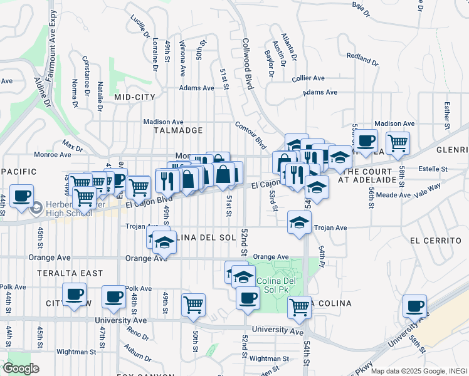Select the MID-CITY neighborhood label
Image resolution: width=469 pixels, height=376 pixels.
(134, 97)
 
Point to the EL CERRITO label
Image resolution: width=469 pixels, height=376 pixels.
(436, 241)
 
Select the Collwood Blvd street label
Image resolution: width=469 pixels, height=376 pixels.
(248, 63)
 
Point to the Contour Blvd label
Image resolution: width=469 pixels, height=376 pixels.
(250, 133)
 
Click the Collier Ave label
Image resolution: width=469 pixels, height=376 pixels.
(308, 78)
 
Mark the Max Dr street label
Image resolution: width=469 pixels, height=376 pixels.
(72, 147)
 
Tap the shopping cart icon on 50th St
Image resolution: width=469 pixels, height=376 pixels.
(194, 305)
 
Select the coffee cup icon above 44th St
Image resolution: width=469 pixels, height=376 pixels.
(22, 195)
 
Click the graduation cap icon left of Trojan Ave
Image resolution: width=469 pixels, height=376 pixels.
(300, 222)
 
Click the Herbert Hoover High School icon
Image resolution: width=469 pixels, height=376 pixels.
(37, 207)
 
